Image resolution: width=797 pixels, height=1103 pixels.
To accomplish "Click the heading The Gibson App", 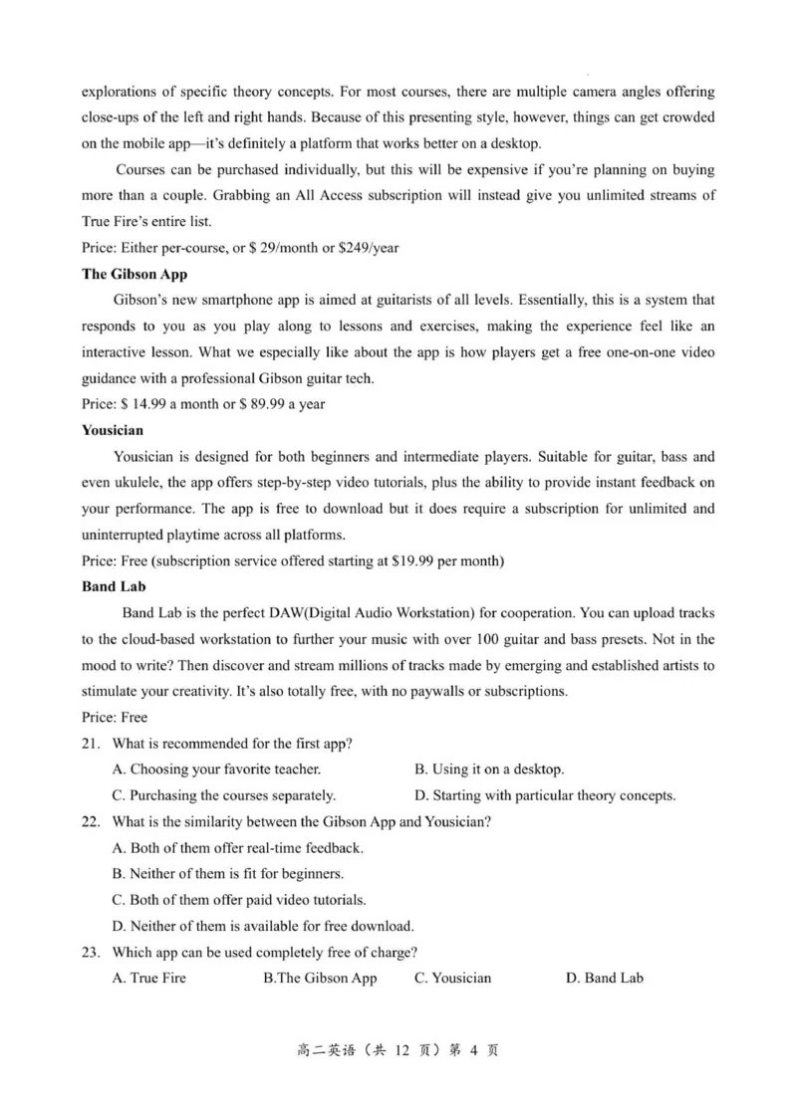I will [133, 274].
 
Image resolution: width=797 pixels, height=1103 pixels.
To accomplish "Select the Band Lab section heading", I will [114, 586].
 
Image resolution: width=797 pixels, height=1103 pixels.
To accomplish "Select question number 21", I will [91, 744].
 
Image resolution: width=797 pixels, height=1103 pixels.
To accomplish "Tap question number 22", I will [91, 821].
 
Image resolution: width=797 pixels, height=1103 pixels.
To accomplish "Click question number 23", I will [91, 952].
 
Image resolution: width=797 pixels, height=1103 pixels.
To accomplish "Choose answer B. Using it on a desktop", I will [489, 770].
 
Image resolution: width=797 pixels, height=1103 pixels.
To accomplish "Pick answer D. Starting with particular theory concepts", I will [545, 795].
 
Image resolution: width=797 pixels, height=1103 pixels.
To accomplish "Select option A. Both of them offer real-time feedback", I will [238, 848].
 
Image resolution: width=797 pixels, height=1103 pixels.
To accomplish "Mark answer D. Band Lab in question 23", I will [604, 978].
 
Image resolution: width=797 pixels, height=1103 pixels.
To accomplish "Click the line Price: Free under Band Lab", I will [115, 717].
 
